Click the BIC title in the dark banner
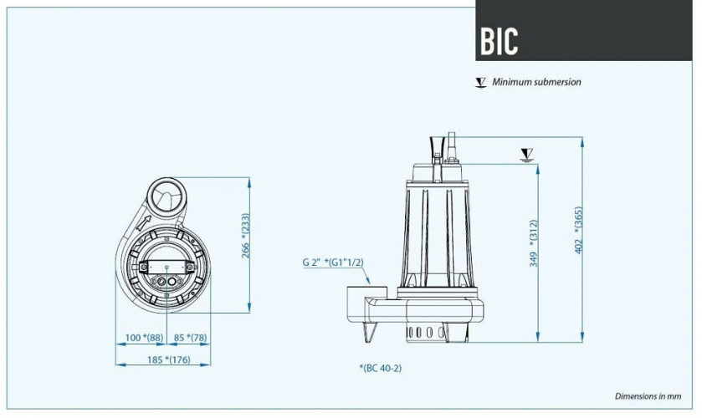pyautogui.click(x=500, y=39)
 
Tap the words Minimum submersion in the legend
pyautogui.click(x=536, y=82)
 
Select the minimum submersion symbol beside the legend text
pyautogui.click(x=480, y=82)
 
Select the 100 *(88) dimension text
pyautogui.click(x=141, y=338)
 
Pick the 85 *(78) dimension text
pyautogui.click(x=192, y=338)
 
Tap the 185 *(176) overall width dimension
pyautogui.click(x=163, y=359)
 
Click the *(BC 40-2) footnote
pyautogui.click(x=386, y=368)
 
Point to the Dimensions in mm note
pyautogui.click(x=650, y=395)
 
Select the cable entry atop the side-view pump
pyautogui.click(x=449, y=142)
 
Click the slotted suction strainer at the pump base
pyautogui.click(x=427, y=332)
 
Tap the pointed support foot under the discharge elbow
pyautogui.click(x=368, y=333)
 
